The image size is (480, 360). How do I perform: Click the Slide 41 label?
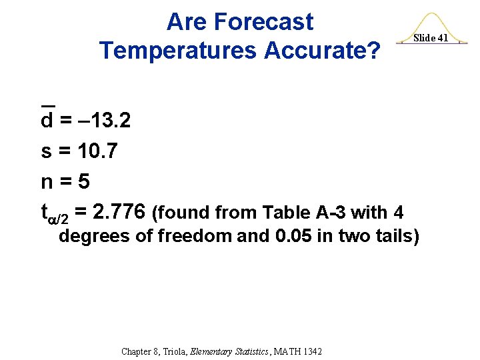(430, 38)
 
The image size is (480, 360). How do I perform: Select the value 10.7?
(97, 151)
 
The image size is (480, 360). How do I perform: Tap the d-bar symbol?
(47, 120)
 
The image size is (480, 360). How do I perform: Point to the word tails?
(393, 236)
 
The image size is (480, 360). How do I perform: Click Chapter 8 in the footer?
(140, 351)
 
